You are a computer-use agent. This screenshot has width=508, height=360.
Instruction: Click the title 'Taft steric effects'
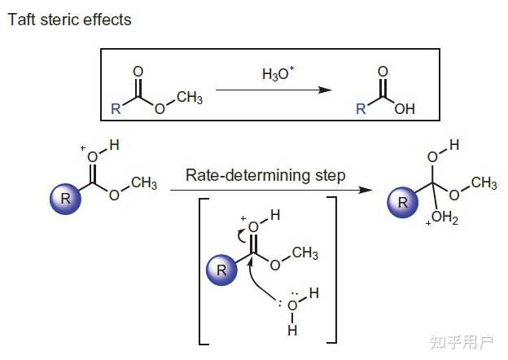pyautogui.click(x=69, y=20)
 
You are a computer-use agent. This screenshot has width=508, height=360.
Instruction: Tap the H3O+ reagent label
pyautogui.click(x=278, y=73)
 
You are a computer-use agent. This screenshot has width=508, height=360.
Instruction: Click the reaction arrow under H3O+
pyautogui.click(x=274, y=90)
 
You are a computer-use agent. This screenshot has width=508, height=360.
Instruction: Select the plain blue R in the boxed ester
pyautogui.click(x=116, y=109)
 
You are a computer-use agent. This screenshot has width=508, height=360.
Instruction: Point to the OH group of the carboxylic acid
pyautogui.click(x=405, y=109)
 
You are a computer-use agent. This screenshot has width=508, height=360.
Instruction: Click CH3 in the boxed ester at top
pyautogui.click(x=190, y=98)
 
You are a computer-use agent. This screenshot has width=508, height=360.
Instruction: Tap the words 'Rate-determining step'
pyautogui.click(x=265, y=175)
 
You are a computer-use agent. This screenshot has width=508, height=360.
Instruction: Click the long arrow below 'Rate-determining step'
pyautogui.click(x=271, y=190)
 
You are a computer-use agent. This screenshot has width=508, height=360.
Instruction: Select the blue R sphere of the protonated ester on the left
pyautogui.click(x=65, y=199)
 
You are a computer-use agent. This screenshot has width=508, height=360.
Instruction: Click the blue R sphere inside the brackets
pyautogui.click(x=222, y=270)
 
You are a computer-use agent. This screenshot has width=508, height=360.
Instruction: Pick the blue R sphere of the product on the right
pyautogui.click(x=403, y=202)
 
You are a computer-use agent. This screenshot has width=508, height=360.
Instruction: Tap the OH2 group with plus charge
pyautogui.click(x=442, y=217)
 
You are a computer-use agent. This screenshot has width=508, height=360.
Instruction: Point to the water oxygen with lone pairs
pyautogui.click(x=292, y=305)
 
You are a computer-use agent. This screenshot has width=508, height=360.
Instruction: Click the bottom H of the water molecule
pyautogui.click(x=292, y=330)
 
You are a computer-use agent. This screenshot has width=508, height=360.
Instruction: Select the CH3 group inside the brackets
pyautogui.click(x=304, y=252)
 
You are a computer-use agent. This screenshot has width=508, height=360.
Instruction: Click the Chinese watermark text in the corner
pyautogui.click(x=462, y=342)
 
